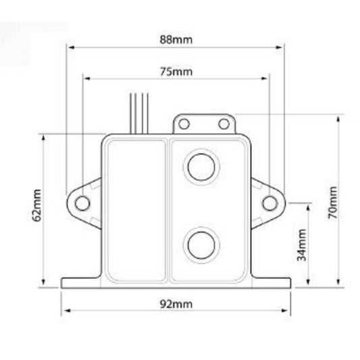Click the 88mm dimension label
(176, 39)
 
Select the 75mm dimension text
(176, 72)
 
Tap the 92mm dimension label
(176, 304)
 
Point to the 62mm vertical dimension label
(36, 205)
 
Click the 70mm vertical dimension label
(333, 203)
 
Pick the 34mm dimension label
(302, 245)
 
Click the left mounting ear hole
(82, 203)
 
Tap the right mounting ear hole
(269, 203)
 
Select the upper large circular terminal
(201, 167)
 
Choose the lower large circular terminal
(201, 245)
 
